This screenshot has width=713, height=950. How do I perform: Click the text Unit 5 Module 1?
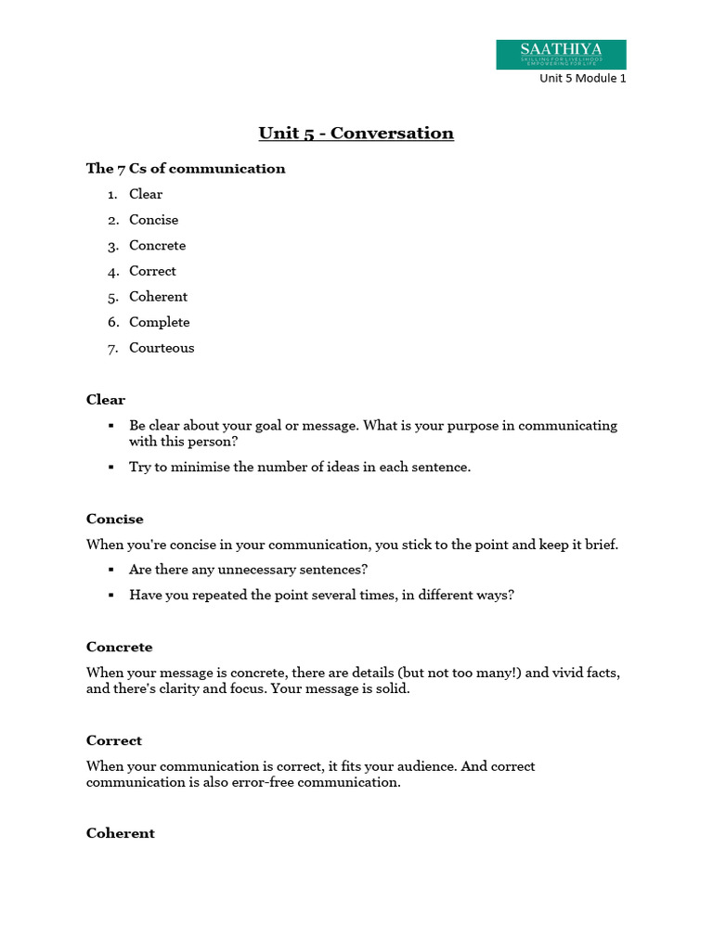[x=583, y=79]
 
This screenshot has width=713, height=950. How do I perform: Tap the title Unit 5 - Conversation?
[x=356, y=133]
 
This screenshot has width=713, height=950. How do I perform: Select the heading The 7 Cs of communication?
[x=186, y=169]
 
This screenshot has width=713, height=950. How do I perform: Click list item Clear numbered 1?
[x=146, y=195]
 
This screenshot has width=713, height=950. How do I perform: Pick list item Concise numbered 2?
[x=153, y=220]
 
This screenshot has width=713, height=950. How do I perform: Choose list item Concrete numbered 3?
[x=157, y=246]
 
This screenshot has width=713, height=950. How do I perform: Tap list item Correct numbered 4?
[x=152, y=271]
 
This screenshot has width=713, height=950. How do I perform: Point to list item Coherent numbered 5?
[x=158, y=297]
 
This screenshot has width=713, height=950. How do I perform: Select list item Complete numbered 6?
[x=159, y=323]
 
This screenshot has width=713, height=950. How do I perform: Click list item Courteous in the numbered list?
[x=162, y=348]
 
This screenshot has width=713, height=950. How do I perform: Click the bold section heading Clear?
[x=105, y=400]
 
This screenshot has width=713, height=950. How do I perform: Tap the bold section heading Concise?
[x=115, y=520]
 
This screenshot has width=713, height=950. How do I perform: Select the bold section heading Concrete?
[x=119, y=648]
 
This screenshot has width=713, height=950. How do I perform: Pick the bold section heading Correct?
[x=114, y=741]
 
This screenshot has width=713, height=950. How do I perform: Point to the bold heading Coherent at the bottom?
[x=120, y=834]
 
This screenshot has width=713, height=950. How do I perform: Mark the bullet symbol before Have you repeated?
[x=111, y=596]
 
